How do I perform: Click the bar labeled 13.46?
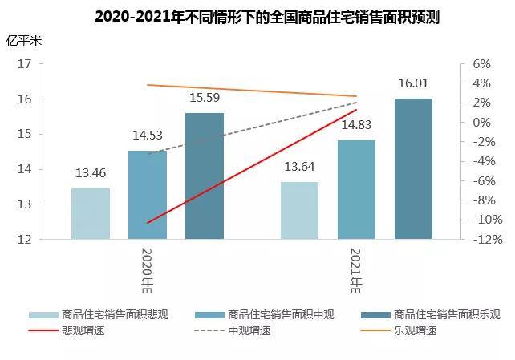(x=90, y=214)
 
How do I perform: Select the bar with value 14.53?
(x=148, y=195)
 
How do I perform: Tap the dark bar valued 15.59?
(x=205, y=176)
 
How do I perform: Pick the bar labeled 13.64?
(x=299, y=211)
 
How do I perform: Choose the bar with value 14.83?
(x=356, y=190)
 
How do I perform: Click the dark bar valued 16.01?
(x=413, y=169)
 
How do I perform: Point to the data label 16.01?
(x=413, y=83)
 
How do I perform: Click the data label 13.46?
(x=90, y=173)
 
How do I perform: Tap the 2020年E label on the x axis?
(x=148, y=269)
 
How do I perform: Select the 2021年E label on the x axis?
(x=356, y=269)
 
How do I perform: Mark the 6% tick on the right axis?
(x=480, y=64)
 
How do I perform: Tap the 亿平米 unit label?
(x=22, y=39)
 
